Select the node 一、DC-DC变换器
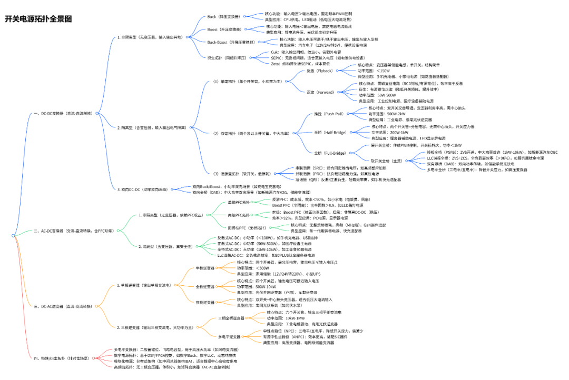coord(63,113)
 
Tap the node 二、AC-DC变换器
coord(71,231)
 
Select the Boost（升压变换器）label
coord(224,29)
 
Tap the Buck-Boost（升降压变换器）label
coord(231,42)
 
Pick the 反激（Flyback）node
coord(319,71)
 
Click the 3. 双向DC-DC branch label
coord(142,189)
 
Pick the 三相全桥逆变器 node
coord(231,318)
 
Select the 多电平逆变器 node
coord(229,337)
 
